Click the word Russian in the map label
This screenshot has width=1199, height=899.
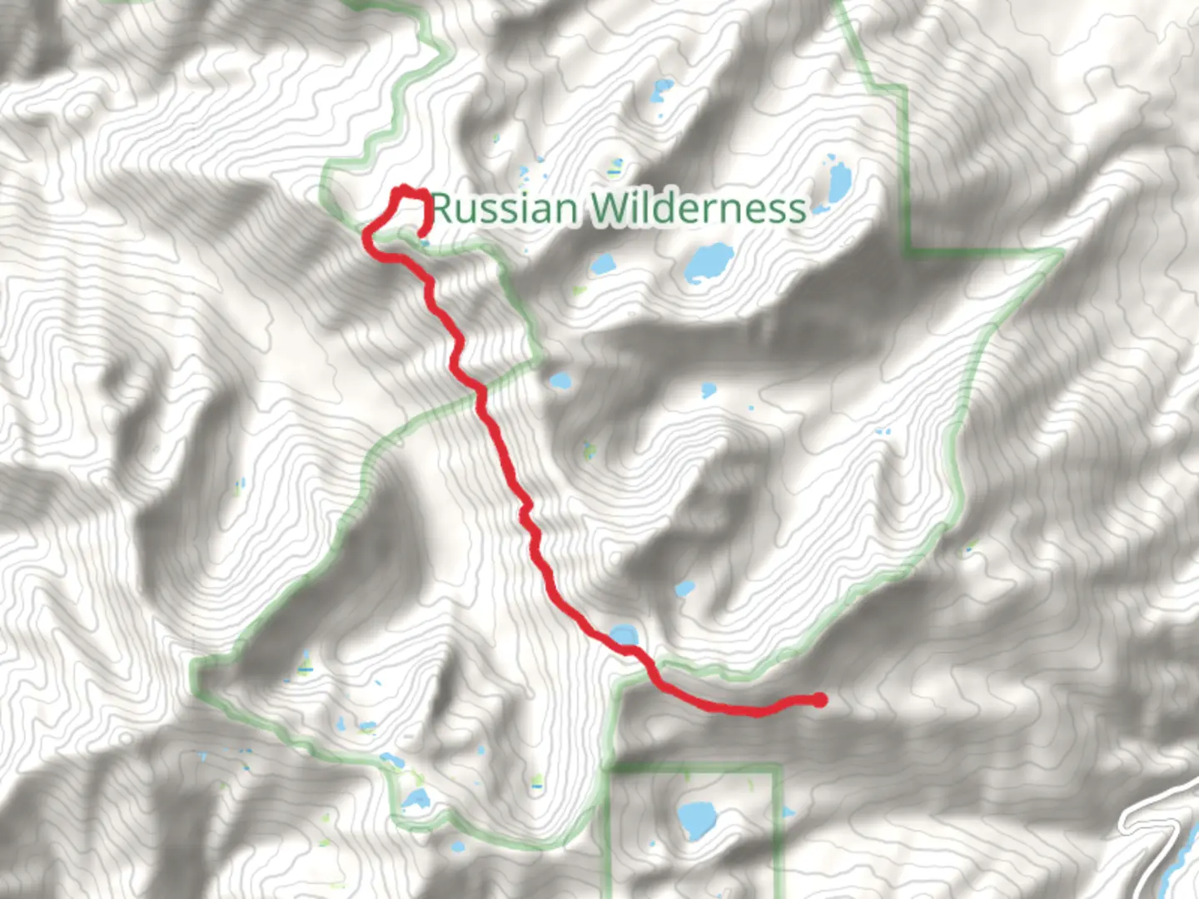[x=504, y=208]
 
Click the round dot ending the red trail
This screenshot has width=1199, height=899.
[x=819, y=700]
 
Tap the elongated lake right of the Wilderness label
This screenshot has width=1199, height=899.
[x=838, y=177]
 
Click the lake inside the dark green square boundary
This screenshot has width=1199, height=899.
[x=693, y=819]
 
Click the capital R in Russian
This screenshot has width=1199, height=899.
[x=443, y=208]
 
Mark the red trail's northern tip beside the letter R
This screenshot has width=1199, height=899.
[x=405, y=190]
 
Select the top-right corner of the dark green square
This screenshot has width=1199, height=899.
[x=779, y=767]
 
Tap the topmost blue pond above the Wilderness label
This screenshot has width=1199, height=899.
[x=663, y=85]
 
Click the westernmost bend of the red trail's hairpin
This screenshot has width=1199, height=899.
[x=366, y=238]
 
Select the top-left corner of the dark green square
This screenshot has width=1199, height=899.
[x=610, y=767]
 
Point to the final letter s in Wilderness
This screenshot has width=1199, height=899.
[x=798, y=210]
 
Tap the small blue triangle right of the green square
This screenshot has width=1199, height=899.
[x=788, y=812]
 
